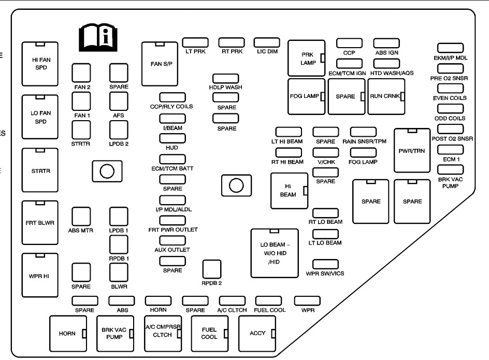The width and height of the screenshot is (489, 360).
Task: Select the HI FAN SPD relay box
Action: [x=40, y=64]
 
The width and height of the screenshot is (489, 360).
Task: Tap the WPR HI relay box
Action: [x=40, y=275]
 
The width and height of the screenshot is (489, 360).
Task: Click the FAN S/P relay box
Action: [x=160, y=64]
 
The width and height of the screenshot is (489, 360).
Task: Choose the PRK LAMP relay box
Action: [x=307, y=59]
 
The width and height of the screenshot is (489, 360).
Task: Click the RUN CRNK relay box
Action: [x=386, y=96]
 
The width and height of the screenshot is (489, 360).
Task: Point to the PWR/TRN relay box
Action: [x=412, y=150]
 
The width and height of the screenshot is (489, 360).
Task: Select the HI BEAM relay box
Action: [x=290, y=191]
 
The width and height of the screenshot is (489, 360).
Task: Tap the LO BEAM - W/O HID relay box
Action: [x=275, y=253]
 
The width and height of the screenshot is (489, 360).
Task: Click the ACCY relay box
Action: [x=257, y=333]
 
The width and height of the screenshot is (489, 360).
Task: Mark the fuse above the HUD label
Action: [x=172, y=138]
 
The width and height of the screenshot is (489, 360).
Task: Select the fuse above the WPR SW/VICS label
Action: [x=325, y=264]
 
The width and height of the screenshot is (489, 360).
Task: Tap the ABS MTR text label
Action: [x=81, y=231]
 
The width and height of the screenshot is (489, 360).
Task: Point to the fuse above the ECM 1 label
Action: [x=450, y=150]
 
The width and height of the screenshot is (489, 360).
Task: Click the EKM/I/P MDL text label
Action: [x=450, y=58]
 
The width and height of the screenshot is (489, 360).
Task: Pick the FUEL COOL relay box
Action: [x=209, y=333]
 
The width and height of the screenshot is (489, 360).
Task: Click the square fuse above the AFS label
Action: [x=119, y=98]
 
